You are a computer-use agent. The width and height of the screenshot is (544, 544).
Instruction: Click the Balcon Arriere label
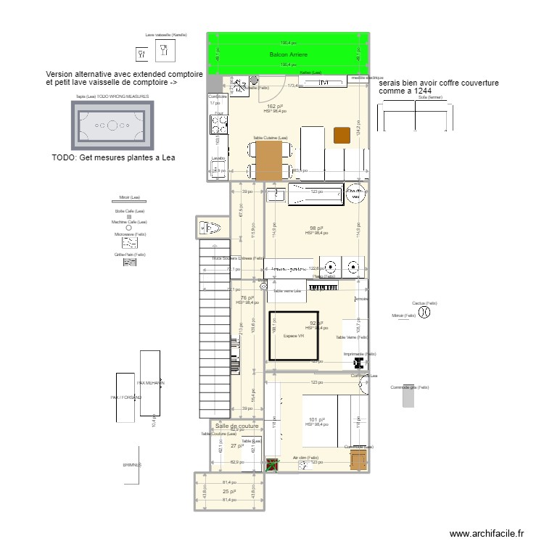pos(289,55)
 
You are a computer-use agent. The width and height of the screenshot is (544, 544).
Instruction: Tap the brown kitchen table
pos(269,160)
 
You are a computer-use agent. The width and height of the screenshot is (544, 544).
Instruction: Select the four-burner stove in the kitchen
pos(216,124)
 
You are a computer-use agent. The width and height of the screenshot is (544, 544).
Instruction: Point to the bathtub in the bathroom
pos(315,194)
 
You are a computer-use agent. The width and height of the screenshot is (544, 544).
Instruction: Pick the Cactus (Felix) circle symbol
pos(426,313)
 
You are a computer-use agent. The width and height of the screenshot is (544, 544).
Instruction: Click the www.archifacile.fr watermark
pos(486,533)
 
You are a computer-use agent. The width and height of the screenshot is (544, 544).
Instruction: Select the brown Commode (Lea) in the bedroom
pos(358,460)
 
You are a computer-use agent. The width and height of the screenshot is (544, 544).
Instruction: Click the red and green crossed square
pos(272,466)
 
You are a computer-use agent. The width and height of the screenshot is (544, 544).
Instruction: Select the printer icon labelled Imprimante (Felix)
pos(358,363)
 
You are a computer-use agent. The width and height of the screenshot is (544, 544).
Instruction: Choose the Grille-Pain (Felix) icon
pos(130,263)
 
